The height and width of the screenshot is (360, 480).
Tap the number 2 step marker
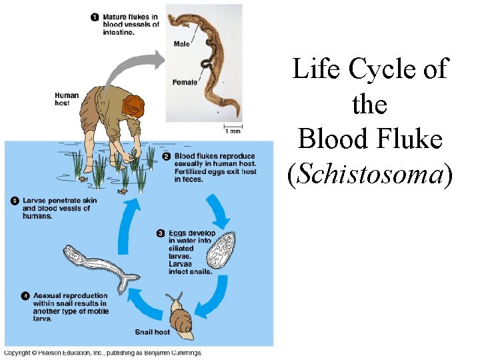pos(167,157)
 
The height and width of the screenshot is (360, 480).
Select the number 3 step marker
pos(161,233)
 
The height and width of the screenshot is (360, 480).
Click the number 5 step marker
pos(15,200)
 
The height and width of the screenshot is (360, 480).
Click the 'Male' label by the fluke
pos(181,44)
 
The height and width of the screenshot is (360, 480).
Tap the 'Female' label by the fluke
pos(185,83)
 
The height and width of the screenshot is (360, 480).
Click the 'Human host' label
pos(67,99)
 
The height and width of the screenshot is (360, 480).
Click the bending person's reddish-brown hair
pos(135,105)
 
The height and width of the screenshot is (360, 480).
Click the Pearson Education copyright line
pos(103,353)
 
